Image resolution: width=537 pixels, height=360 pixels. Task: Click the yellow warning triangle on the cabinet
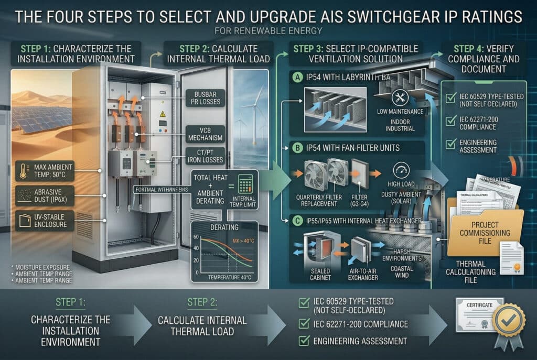(x=163, y=113)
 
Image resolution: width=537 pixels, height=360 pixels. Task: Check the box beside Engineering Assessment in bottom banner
(x=303, y=341)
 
